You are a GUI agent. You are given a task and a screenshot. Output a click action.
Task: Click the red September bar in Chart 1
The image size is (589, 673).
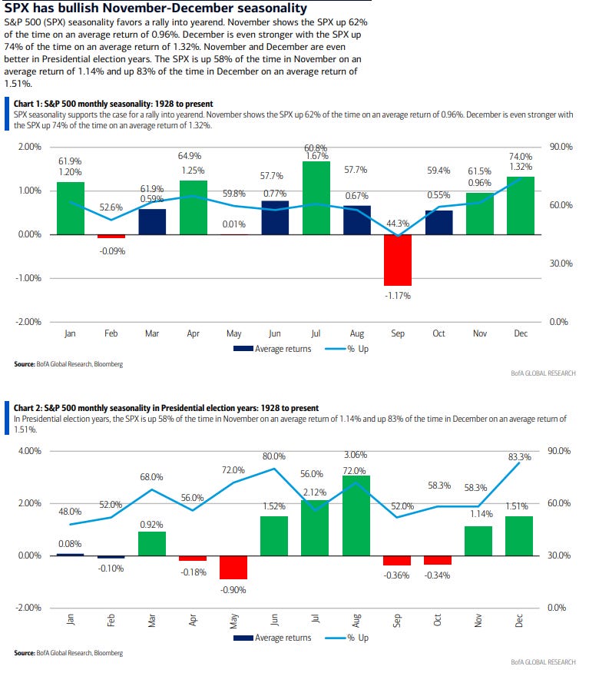coord(398,260)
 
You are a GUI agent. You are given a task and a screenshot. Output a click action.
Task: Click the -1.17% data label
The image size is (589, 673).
coord(398,294)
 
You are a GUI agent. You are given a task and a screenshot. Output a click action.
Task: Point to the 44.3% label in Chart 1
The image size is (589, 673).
coord(398,224)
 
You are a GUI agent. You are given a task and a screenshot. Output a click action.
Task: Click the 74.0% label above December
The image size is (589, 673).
coord(521,156)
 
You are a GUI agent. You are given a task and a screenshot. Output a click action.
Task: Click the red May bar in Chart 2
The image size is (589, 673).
coord(233,567)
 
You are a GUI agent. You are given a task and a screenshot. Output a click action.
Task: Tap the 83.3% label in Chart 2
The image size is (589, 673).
coord(520,457)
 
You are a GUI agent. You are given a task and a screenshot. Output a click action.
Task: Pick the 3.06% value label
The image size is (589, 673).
coord(356,454)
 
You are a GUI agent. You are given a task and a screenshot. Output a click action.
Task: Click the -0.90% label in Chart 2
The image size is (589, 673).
coord(233,589)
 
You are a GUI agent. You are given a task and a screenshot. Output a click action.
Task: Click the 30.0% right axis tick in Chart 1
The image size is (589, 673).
coord(561,264)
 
